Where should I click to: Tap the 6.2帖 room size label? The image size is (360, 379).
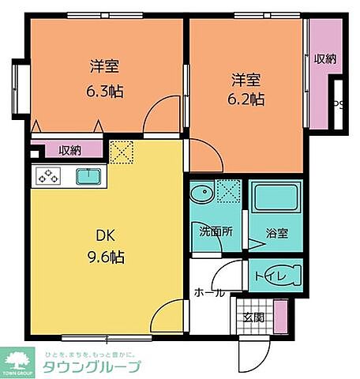pos(246,99)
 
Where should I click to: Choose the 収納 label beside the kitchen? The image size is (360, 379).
pos(69,150)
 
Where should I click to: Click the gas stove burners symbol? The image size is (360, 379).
pos(48,176)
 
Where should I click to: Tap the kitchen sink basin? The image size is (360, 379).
pos(87,176)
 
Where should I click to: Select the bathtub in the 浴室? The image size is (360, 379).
pos(276,196)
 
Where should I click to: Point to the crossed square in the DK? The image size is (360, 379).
pos(121,153)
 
